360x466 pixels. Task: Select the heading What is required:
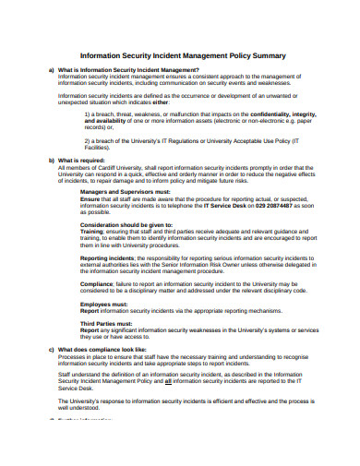point(83,160)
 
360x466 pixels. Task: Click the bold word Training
point(93,231)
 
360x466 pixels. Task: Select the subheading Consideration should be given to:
point(126,224)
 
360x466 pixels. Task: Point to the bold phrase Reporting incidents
point(109,257)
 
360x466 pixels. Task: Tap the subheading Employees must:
point(103,303)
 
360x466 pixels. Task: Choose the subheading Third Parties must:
point(107,323)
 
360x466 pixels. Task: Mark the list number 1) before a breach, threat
point(88,114)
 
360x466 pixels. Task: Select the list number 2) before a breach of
point(88,140)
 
